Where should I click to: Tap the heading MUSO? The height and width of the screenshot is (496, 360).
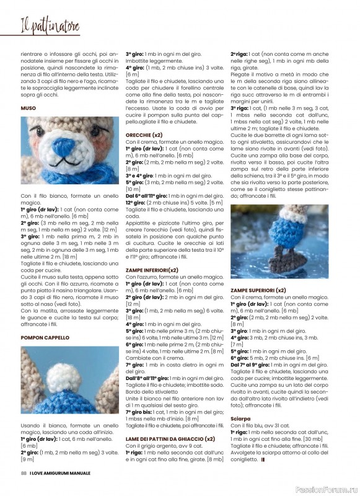point(29,108)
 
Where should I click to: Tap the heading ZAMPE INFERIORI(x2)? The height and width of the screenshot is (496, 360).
point(152,270)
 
